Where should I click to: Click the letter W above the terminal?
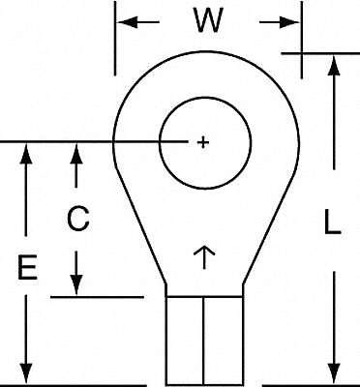[204, 21]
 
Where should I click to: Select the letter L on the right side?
[330, 224]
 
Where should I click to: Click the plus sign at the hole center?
[202, 142]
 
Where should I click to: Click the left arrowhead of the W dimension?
[125, 21]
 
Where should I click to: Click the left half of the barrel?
[185, 339]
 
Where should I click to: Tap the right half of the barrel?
[223, 339]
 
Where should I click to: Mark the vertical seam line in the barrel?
[204, 339]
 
